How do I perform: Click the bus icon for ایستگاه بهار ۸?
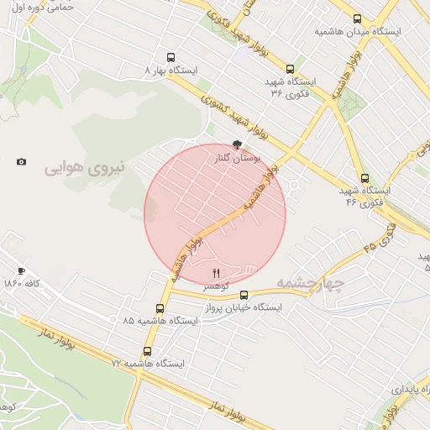tap(171, 58)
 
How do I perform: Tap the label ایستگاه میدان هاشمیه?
tap(358, 31)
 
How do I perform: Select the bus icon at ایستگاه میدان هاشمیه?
tap(358, 18)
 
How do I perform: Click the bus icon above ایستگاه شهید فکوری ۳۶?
tap(291, 70)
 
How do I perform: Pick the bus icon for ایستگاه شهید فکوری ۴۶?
tap(364, 178)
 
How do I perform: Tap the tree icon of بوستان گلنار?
tap(238, 144)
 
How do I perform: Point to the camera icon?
tap(21, 161)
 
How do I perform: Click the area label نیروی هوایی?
tap(84, 167)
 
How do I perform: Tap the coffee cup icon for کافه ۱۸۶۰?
tap(21, 271)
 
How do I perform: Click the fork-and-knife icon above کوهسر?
tap(216, 273)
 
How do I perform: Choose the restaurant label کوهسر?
tap(215, 286)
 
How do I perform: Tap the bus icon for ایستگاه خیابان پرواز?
tap(244, 295)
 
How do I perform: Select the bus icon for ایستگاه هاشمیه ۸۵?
tap(160, 308)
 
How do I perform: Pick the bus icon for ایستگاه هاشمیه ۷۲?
tap(148, 351)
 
